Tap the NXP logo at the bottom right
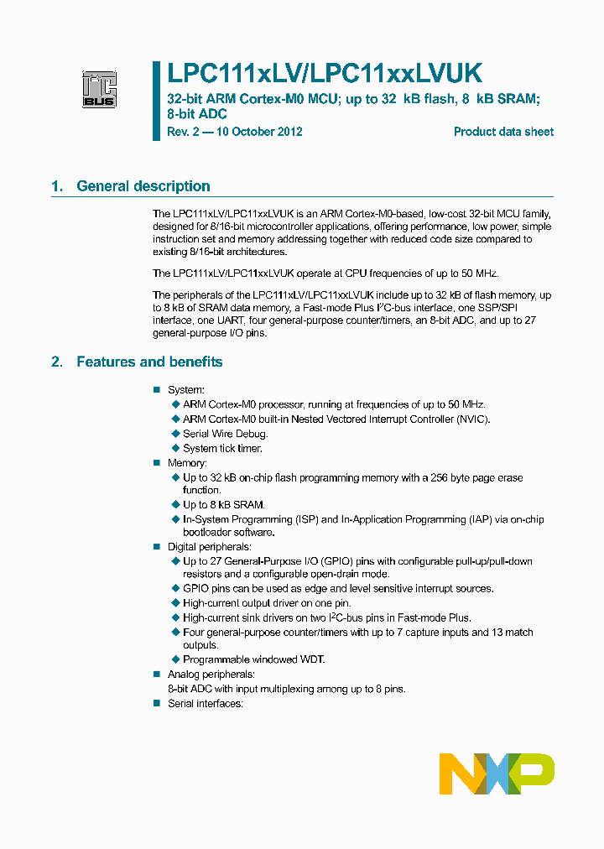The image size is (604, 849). point(497,773)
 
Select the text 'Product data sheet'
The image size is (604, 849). point(503,132)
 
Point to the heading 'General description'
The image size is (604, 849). point(143,186)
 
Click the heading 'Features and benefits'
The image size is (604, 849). point(149,362)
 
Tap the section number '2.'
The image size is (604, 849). point(57,362)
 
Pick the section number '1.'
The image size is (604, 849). point(57,186)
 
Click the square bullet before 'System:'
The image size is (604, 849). point(156,390)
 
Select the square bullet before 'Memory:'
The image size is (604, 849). point(156,463)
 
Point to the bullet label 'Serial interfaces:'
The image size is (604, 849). point(205,703)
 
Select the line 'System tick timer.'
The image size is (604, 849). point(222,448)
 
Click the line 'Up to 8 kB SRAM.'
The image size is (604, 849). point(223,504)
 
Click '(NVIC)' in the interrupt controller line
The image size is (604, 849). point(471,419)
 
